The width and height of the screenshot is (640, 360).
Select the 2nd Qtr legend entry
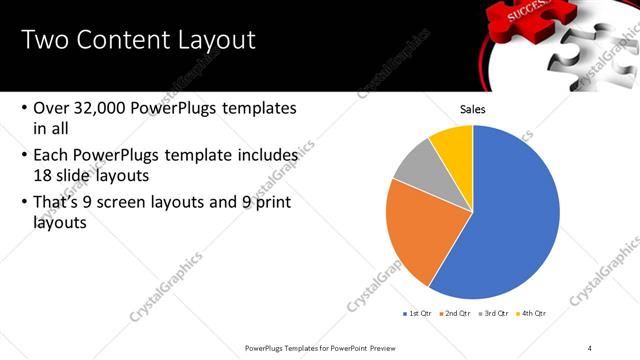click(x=459, y=313)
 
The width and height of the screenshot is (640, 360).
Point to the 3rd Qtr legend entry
click(x=497, y=313)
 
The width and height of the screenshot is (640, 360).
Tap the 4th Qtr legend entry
click(x=535, y=313)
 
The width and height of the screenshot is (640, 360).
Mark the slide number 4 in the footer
click(x=590, y=347)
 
